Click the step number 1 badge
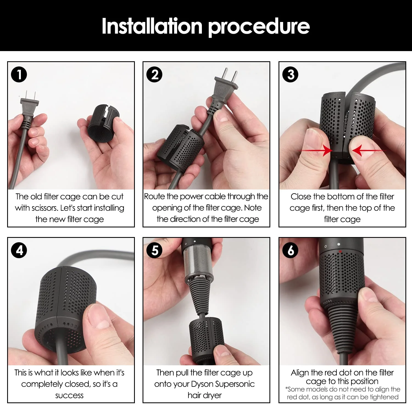coord(19,74)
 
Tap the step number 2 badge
coord(154,74)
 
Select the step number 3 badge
coord(290,74)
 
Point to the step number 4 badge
coord(19,250)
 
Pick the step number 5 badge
coord(154,250)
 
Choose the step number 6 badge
coord(290,250)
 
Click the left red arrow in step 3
coord(316,151)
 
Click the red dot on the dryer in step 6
coord(340,251)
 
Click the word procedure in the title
coord(259,27)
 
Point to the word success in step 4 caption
coord(69,396)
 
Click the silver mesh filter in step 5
coord(198,261)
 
